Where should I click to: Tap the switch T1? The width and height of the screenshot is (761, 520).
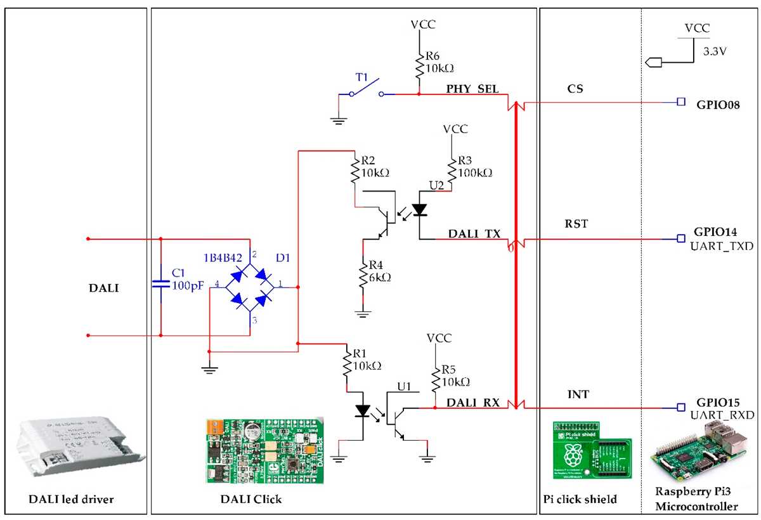365,89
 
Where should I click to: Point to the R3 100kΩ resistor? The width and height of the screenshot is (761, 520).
451,168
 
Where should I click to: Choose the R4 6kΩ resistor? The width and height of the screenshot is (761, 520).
362,276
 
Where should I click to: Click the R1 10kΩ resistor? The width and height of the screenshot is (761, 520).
347,366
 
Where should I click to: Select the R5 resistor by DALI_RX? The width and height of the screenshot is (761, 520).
435,380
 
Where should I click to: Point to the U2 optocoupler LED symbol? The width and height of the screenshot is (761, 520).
420,209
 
